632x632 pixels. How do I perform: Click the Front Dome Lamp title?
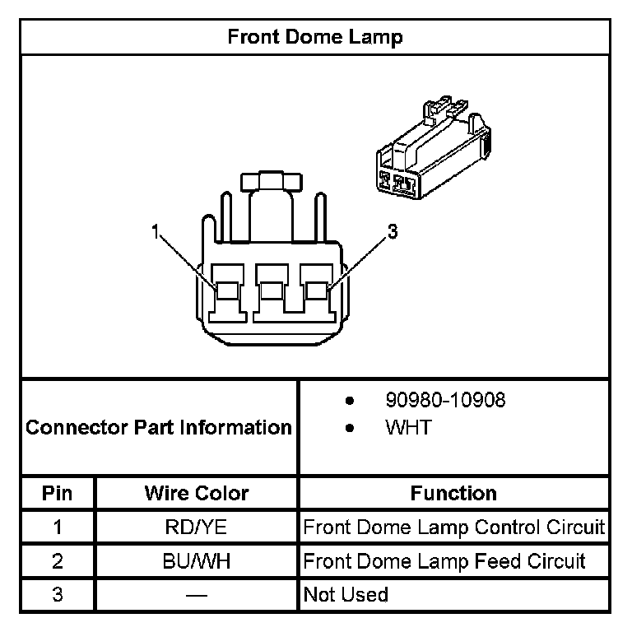[x=315, y=37]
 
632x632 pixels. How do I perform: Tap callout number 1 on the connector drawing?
[x=155, y=233]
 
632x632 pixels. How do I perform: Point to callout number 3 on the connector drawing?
[x=393, y=233]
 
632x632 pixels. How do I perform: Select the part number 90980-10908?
[x=445, y=401]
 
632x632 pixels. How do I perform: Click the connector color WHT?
[x=408, y=428]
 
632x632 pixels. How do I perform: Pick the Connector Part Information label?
[x=159, y=428]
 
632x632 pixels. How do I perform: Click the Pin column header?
[x=58, y=493]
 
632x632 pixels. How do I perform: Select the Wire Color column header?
[x=197, y=493]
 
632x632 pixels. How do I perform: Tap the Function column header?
[x=453, y=493]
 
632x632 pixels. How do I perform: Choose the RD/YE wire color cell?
[x=197, y=527]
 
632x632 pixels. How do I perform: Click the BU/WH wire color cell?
[x=197, y=560]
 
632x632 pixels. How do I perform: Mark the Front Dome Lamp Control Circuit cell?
[x=453, y=527]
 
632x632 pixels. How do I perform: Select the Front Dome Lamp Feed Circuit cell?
[x=444, y=560]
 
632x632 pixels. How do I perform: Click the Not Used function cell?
[x=346, y=594]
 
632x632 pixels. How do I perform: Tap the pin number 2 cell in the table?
[x=58, y=560]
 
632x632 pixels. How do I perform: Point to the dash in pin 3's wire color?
[x=197, y=594]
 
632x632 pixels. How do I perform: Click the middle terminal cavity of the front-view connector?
[x=272, y=291]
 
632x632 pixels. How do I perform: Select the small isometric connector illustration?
[x=432, y=152]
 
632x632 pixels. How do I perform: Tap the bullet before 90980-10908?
[x=350, y=402]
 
